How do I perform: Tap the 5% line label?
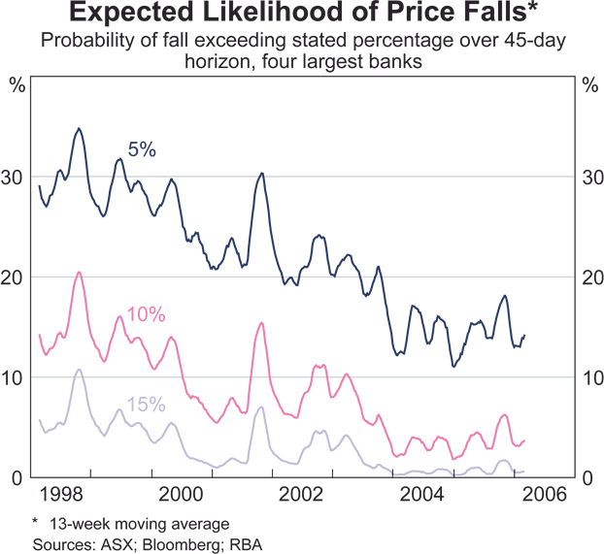click(142, 149)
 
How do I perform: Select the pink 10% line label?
click(147, 314)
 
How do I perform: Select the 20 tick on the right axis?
click(589, 277)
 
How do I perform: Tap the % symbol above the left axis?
click(17, 82)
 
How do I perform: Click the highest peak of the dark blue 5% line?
click(79, 128)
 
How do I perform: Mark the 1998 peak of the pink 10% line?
click(78, 272)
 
